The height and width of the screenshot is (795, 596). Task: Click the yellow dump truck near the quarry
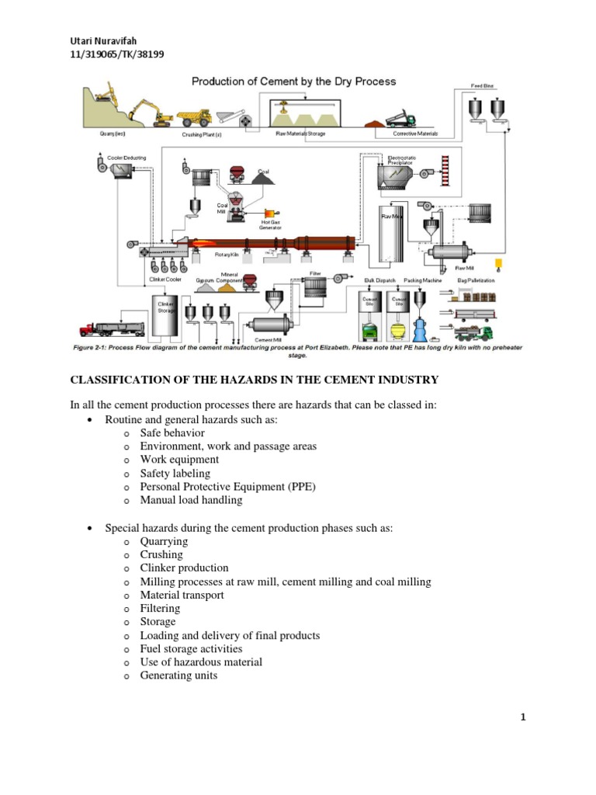click(195, 117)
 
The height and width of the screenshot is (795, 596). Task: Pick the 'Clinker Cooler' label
click(165, 278)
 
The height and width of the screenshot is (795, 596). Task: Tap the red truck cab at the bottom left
click(87, 331)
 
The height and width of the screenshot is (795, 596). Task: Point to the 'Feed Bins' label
click(482, 86)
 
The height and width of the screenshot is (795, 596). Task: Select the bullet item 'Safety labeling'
click(175, 473)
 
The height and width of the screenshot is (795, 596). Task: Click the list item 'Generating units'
click(178, 675)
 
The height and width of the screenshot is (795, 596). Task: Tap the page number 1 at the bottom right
click(523, 718)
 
